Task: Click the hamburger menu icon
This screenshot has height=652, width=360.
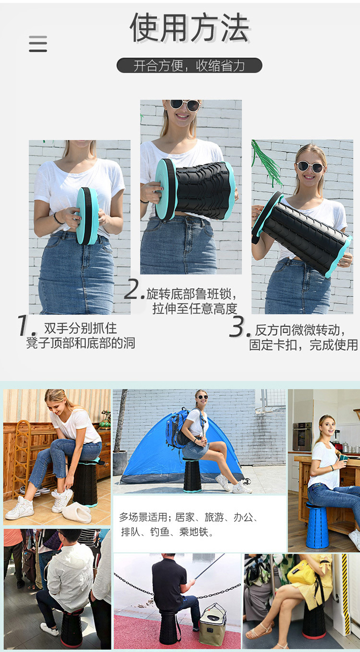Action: click(x=38, y=44)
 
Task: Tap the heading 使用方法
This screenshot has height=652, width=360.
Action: click(x=190, y=28)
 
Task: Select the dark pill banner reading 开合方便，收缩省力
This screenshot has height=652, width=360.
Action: click(x=189, y=66)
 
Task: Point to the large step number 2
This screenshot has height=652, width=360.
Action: click(x=133, y=289)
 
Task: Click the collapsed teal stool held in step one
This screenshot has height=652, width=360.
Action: click(x=87, y=216)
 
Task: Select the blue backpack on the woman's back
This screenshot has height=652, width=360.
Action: click(x=178, y=427)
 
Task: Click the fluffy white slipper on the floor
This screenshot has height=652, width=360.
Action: click(x=76, y=512)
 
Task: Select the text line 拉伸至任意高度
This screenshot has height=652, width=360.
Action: click(x=195, y=308)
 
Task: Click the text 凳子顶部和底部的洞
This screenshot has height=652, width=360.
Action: click(x=81, y=343)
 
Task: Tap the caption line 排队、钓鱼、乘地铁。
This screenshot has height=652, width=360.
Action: click(x=167, y=532)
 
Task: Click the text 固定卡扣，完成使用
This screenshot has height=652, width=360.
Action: click(x=303, y=345)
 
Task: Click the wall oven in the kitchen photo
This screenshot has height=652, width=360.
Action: click(x=302, y=436)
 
